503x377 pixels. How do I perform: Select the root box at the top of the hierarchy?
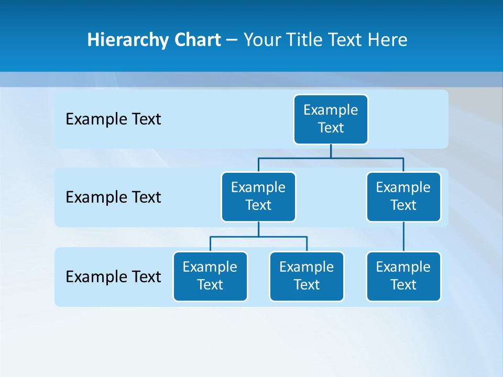pyautogui.click(x=331, y=119)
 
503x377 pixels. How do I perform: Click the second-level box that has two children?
pyautogui.click(x=258, y=197)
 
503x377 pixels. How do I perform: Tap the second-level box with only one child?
pyautogui.click(x=403, y=197)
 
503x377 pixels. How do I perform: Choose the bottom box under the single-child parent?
pyautogui.click(x=403, y=276)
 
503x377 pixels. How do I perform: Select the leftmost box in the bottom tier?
pyautogui.click(x=210, y=276)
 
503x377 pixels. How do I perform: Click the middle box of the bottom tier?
pyautogui.click(x=307, y=276)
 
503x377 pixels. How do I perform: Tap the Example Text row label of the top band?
pyautogui.click(x=113, y=119)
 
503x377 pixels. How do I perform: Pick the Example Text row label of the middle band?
pyautogui.click(x=113, y=197)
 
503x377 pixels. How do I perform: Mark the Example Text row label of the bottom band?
pyautogui.click(x=113, y=276)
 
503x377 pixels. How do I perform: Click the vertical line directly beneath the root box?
pyautogui.click(x=331, y=151)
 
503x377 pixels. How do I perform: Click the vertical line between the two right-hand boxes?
pyautogui.click(x=403, y=237)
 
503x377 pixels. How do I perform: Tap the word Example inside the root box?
pyautogui.click(x=331, y=110)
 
